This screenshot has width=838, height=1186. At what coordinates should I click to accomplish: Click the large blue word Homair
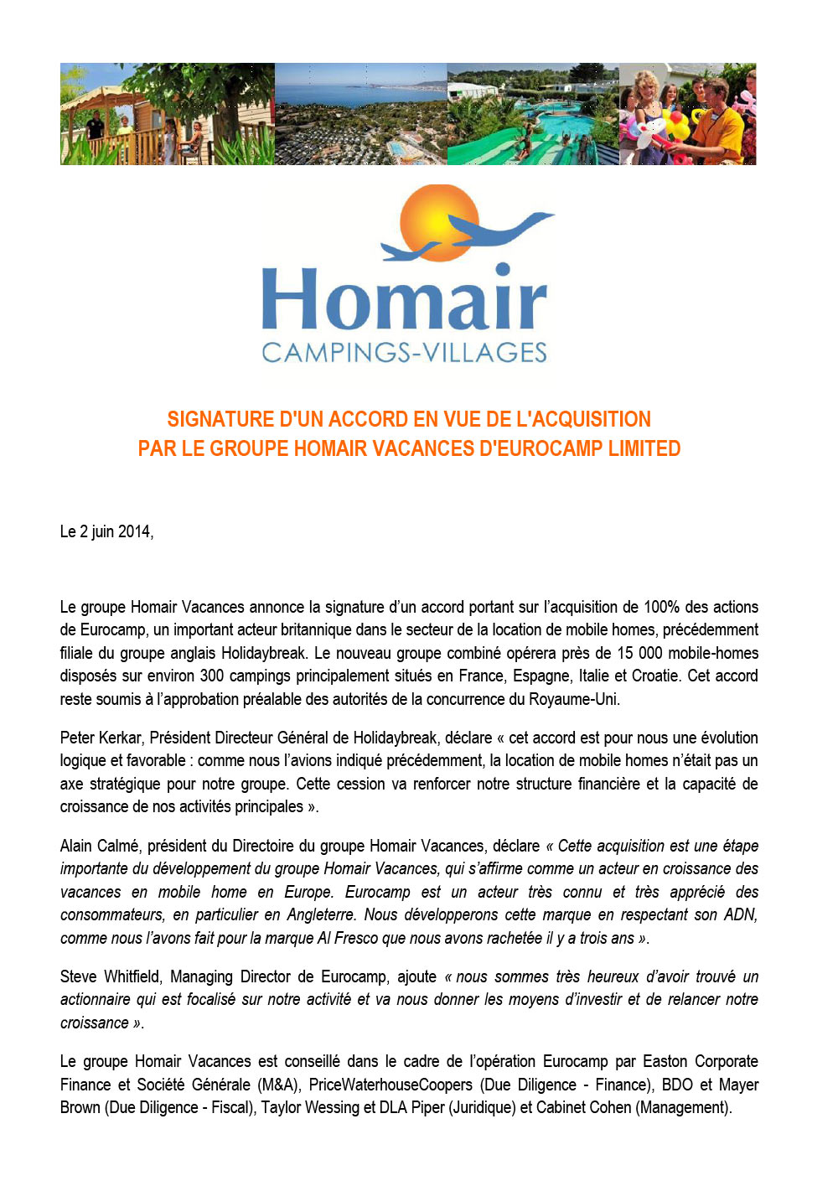pos(404,299)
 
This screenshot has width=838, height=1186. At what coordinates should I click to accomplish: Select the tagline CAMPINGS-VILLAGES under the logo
pos(404,353)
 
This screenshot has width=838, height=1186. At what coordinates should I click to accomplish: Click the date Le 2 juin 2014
pos(106,531)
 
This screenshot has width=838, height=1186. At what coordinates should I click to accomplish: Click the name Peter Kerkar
pos(101,738)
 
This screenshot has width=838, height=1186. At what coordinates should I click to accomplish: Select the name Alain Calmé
pos(99,846)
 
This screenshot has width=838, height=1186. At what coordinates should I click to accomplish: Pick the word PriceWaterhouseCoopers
pos(391,1085)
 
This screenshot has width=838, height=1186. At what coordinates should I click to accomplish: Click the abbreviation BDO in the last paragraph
pos(677,1085)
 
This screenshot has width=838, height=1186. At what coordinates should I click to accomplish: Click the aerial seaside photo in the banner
pos(360,114)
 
